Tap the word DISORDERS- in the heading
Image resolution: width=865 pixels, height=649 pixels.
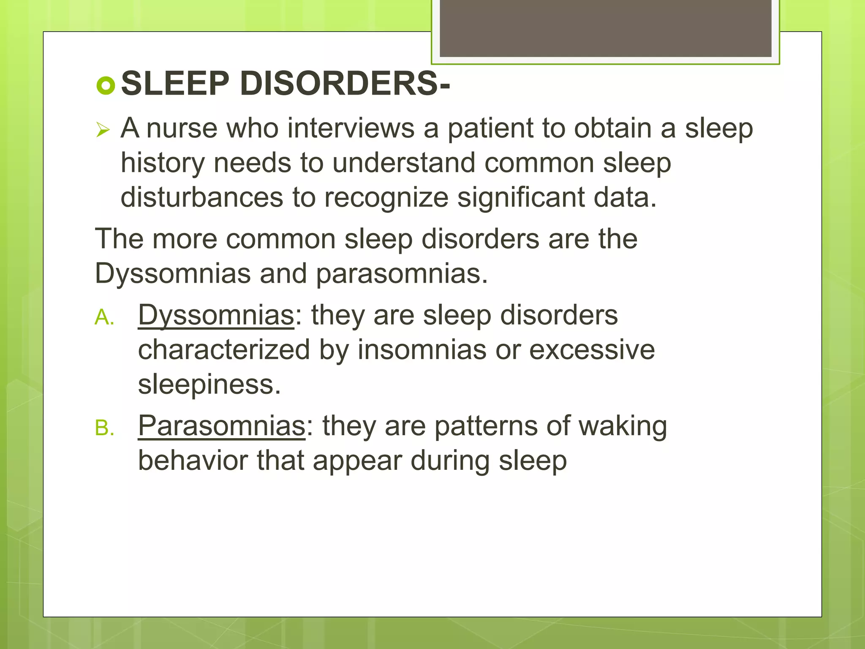tap(345, 84)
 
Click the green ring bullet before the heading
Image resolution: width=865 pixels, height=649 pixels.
tap(106, 86)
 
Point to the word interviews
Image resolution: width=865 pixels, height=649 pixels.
tap(351, 128)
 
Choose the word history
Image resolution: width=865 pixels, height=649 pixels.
tap(163, 164)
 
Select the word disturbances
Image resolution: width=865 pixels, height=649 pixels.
tap(201, 198)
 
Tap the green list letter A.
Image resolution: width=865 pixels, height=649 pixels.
tap(104, 317)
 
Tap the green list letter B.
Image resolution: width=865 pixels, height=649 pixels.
tap(104, 428)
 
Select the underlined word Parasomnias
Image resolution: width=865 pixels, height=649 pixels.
tap(221, 426)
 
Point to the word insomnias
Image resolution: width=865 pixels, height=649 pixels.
tap(422, 350)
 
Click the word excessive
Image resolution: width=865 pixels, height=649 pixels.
tap(592, 350)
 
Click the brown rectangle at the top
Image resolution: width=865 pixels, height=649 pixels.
tap(605, 28)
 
